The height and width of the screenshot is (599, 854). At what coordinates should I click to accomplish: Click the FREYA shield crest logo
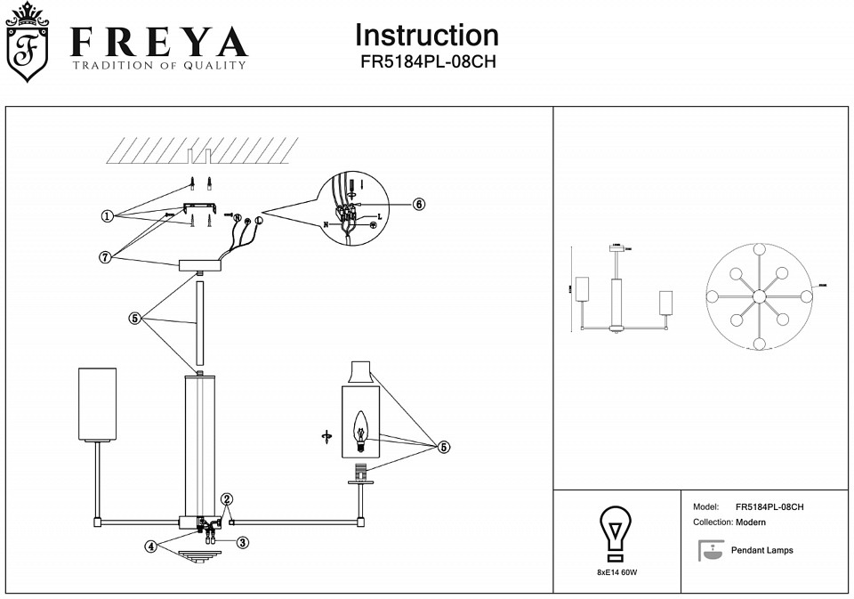(x=28, y=45)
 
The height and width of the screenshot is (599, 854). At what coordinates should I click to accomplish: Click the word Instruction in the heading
(x=426, y=36)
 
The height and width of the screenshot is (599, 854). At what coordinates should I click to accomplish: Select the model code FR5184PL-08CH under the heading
(x=426, y=63)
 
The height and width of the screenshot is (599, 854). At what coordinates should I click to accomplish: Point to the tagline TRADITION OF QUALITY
(x=159, y=65)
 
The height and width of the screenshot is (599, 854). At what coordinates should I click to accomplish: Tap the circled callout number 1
(x=107, y=215)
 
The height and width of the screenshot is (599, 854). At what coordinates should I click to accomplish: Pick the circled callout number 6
(x=419, y=204)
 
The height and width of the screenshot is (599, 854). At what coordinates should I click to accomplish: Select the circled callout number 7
(x=105, y=256)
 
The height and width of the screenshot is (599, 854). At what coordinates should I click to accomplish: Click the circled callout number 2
(x=227, y=499)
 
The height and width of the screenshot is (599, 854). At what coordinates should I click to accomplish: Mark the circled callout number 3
(x=242, y=541)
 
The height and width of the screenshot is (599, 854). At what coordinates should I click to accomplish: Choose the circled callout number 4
(x=152, y=546)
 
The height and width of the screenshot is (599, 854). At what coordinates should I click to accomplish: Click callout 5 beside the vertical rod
(x=135, y=319)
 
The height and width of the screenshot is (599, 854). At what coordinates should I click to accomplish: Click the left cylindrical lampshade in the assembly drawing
(x=98, y=405)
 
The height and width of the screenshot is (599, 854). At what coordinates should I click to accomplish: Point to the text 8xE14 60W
(x=616, y=571)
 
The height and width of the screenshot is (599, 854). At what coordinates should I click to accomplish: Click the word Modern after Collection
(x=751, y=522)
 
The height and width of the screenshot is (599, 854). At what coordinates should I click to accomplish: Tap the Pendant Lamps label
(x=761, y=551)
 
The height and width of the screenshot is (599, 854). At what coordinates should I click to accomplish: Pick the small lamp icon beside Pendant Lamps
(x=710, y=551)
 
